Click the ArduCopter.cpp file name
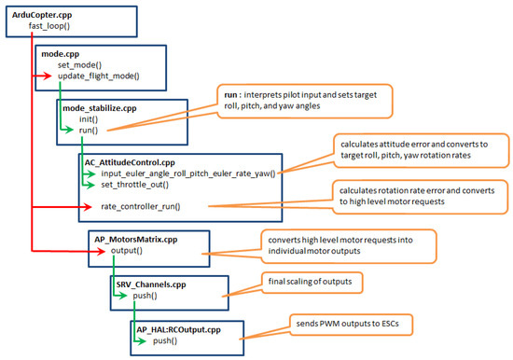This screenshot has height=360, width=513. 42,16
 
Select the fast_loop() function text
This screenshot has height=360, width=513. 44,27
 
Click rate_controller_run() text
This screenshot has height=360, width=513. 140,205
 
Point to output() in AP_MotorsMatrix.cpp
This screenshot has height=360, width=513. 124,250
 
